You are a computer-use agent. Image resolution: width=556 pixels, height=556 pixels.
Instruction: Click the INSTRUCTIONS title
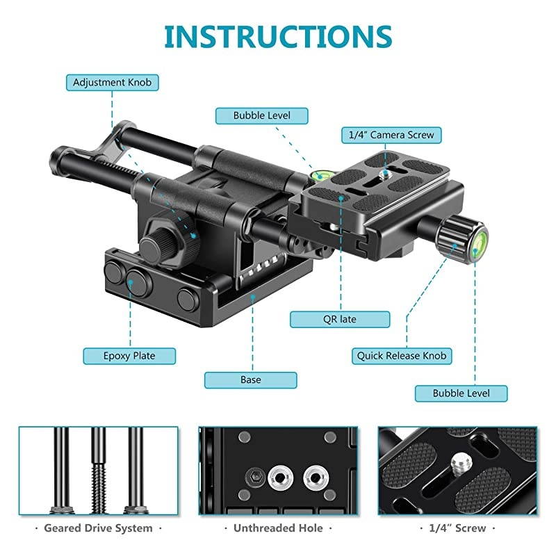point(278,36)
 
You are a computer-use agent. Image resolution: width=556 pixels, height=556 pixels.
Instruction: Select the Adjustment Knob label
point(112,83)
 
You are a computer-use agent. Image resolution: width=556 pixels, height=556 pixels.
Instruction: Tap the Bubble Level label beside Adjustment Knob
point(261,115)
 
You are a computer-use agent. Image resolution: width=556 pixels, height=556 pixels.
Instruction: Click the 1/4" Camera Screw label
point(391,135)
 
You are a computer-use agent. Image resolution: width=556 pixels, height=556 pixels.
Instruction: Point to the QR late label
point(339,319)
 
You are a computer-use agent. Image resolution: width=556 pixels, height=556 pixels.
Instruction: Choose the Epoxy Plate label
point(129,356)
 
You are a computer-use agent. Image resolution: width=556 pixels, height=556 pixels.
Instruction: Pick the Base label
point(251,379)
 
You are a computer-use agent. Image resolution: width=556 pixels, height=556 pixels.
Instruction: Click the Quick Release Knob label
point(402,356)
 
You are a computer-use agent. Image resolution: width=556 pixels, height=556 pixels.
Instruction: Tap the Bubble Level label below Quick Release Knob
point(461,393)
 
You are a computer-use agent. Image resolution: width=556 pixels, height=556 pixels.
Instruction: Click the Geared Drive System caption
point(98,528)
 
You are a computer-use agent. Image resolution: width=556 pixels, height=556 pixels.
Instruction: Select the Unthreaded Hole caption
point(279,528)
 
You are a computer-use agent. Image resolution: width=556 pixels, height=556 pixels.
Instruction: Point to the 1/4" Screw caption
point(457,528)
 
